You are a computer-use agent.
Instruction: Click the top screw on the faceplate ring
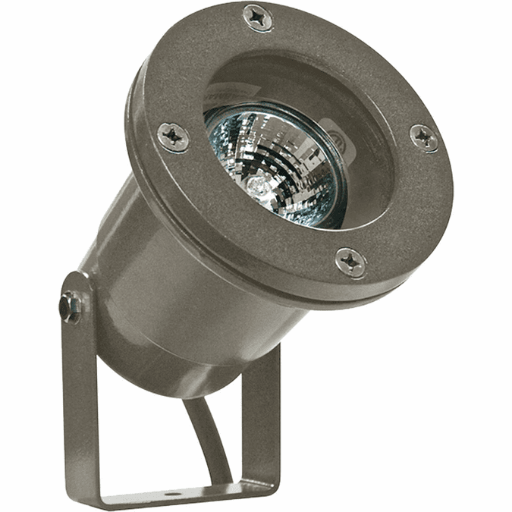click(259, 17)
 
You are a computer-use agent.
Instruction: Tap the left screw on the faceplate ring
click(174, 137)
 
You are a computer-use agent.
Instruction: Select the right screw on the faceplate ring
click(423, 137)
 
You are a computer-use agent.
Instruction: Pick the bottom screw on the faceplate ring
click(350, 262)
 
